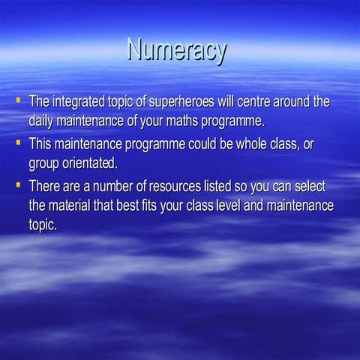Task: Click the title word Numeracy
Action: [x=177, y=51]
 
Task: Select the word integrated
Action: [x=79, y=101]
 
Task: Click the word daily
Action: [x=42, y=119]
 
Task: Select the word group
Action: [x=42, y=163]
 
